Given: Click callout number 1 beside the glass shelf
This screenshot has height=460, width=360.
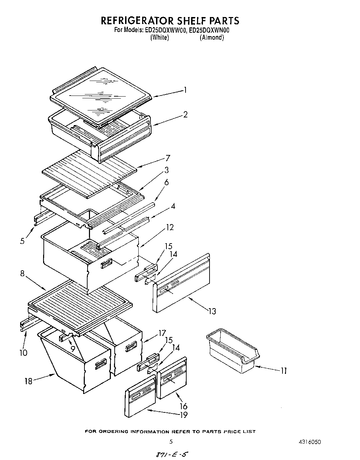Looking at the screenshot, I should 186,90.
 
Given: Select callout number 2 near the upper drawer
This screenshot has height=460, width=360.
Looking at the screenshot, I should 186,114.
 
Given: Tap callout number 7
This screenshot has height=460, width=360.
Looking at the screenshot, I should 168,158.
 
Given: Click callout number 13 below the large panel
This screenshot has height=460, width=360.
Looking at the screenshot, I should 212,311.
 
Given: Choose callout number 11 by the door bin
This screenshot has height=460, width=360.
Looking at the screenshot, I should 284,371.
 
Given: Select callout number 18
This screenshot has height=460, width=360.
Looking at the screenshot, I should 28,381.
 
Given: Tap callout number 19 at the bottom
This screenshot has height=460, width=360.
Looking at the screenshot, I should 183,414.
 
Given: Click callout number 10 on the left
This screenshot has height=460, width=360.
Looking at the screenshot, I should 23,353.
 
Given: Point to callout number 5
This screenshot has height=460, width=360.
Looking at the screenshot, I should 23,241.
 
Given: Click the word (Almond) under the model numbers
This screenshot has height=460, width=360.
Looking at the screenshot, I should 212,38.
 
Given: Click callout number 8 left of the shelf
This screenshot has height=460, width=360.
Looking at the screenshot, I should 23,273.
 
